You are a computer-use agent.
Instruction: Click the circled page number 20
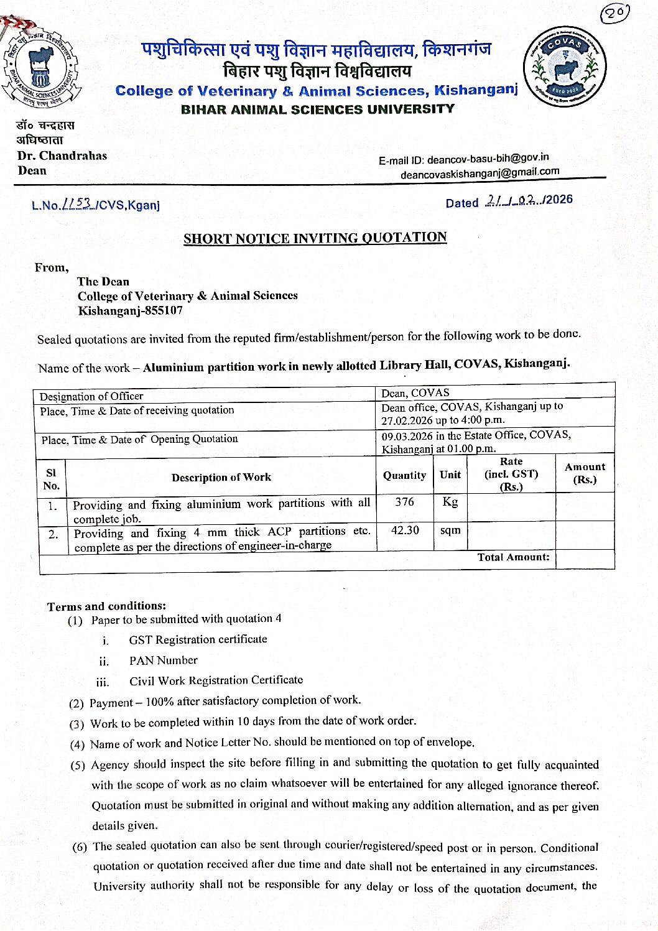coord(615,14)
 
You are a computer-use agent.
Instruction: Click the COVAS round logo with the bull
coord(565,67)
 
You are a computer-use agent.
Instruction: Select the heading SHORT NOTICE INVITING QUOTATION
coord(315,238)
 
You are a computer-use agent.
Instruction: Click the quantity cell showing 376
coord(404,502)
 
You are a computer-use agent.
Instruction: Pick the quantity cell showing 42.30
coord(405,530)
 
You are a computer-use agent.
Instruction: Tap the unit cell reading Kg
coord(450,502)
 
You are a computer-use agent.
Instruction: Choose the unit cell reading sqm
coord(450,530)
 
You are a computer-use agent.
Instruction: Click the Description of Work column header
coord(221,478)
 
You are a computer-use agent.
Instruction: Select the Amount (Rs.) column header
coord(585,473)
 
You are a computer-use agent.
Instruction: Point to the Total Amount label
coord(513,557)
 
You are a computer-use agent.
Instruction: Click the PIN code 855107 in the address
coord(164,310)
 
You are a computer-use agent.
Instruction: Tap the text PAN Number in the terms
coord(163,660)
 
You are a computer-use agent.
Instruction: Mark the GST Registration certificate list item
coord(198,639)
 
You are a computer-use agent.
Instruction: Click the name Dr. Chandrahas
coord(62,155)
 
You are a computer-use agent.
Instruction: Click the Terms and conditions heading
coord(106,606)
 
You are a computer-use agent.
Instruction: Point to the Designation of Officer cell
coord(91,396)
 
